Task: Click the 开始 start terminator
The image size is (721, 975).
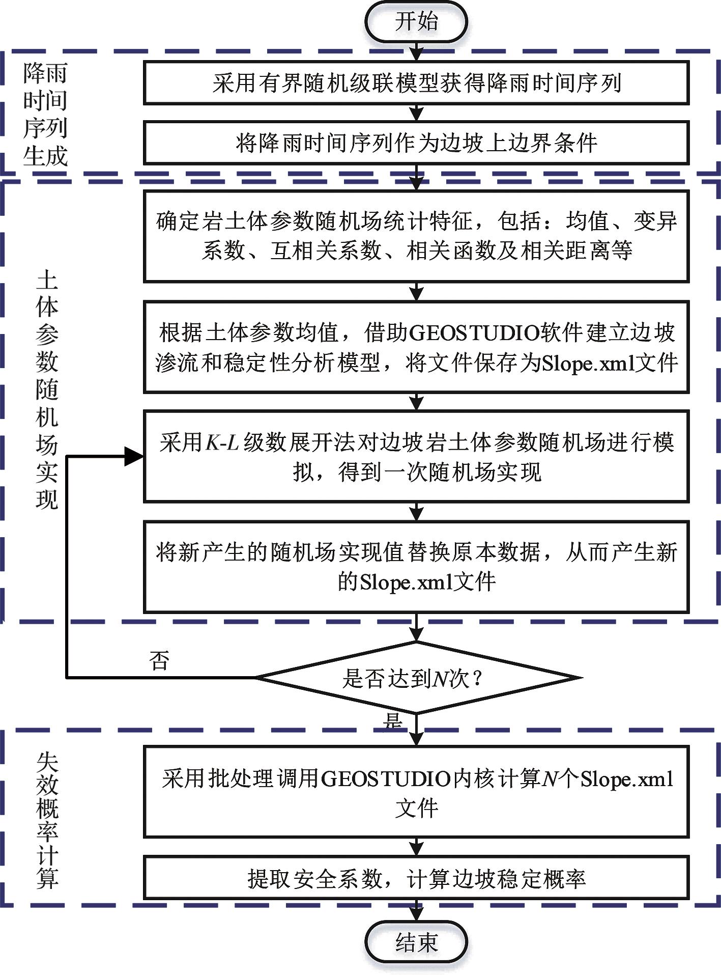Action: (416, 22)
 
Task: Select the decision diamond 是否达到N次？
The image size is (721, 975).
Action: (417, 678)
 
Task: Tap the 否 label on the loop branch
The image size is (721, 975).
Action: (159, 660)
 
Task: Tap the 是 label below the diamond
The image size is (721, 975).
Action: (393, 720)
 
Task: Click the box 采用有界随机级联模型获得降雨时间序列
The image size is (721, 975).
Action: (416, 83)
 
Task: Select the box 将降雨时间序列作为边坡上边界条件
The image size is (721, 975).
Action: (416, 143)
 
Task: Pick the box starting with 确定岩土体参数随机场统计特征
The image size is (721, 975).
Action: (416, 236)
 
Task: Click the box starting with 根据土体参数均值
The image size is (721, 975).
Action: (416, 347)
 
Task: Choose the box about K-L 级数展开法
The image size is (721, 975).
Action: (416, 457)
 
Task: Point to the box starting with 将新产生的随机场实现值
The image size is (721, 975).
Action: (416, 566)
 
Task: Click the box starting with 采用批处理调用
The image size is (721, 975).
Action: (416, 792)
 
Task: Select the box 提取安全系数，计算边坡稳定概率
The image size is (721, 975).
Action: (416, 878)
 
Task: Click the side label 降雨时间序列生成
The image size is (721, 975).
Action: (45, 115)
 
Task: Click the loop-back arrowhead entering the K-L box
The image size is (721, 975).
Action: (135, 457)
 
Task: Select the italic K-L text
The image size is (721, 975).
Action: (222, 442)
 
